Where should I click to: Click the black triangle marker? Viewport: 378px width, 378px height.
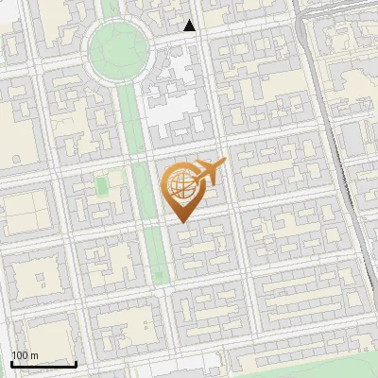(x=190, y=26)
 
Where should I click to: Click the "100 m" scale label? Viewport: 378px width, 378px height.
(x=25, y=355)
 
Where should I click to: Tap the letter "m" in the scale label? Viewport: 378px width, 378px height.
(x=34, y=355)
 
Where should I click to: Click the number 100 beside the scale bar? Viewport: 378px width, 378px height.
(x=20, y=355)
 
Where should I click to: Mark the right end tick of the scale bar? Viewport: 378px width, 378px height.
(x=76, y=363)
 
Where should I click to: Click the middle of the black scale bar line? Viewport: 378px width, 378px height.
(x=43, y=365)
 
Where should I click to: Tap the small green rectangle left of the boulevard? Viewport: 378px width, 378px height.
(x=101, y=185)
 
